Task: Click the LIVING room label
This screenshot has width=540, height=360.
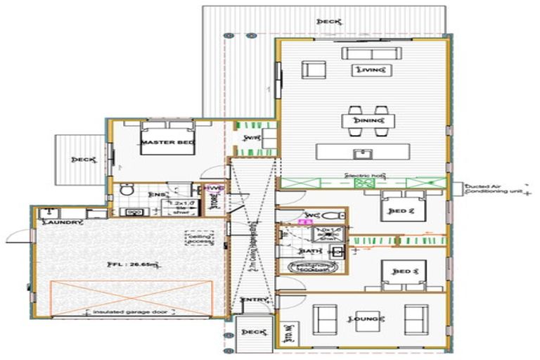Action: (373, 70)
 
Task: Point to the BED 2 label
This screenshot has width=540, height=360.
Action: (398, 210)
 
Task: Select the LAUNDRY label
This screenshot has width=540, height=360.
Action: (63, 223)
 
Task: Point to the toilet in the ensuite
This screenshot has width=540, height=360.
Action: (127, 189)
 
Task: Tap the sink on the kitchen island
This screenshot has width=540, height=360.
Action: (363, 152)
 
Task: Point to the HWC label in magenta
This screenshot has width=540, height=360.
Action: (212, 188)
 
